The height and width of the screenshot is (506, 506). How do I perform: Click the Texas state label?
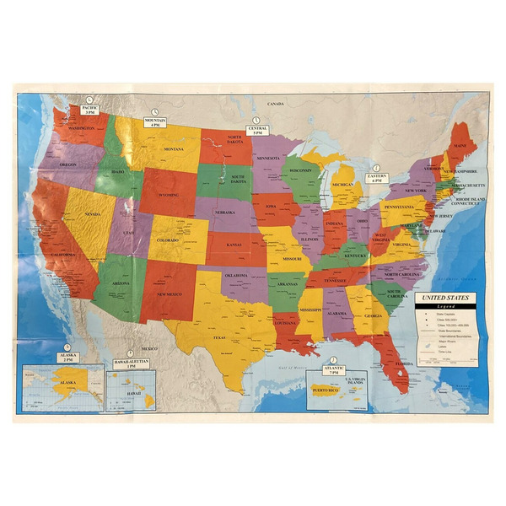[x=220, y=337]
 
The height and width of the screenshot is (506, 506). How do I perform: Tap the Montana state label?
[x=174, y=149]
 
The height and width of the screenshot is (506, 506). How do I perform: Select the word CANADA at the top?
[x=276, y=104]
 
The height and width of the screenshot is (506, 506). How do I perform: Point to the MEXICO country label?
[x=149, y=348]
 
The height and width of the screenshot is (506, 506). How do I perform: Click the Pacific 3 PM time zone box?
[x=90, y=110]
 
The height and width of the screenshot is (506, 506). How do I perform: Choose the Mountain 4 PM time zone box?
[x=156, y=122]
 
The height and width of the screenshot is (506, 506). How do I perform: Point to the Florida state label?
[x=403, y=364]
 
